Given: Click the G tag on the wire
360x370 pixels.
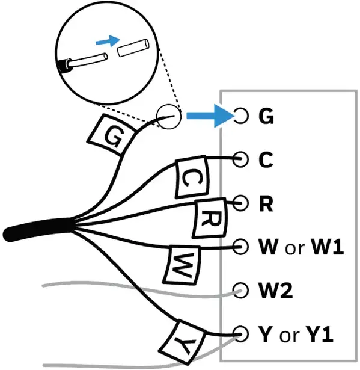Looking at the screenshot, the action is [111, 135].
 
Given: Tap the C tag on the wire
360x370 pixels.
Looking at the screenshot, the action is [192, 177].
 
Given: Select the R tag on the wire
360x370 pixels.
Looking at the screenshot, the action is [210, 218].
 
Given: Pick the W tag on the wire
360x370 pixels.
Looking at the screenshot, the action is [182, 265].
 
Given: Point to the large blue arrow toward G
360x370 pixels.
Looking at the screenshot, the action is [210, 116].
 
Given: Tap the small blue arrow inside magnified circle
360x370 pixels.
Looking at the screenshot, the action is [108, 41].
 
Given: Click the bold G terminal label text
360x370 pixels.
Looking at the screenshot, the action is [266, 116].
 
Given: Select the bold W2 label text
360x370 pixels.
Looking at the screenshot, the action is [276, 291].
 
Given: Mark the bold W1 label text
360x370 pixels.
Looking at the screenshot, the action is [328, 247].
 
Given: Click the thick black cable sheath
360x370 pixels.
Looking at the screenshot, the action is [38, 230].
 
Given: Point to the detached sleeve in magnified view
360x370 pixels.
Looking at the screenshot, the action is [133, 48].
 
